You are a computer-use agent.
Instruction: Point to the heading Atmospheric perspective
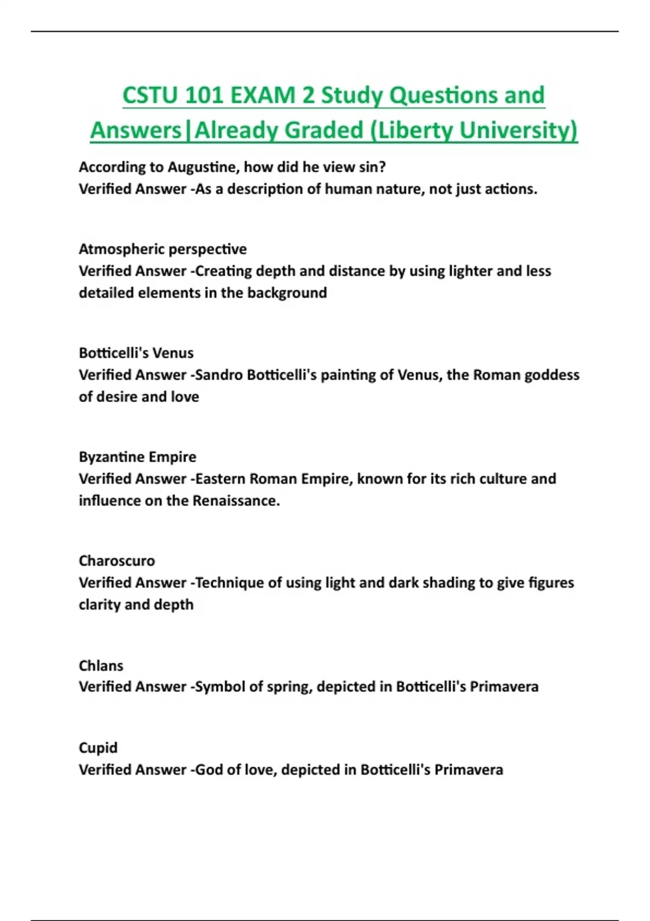pyautogui.click(x=162, y=249)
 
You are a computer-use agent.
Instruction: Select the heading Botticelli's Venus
pyautogui.click(x=136, y=353)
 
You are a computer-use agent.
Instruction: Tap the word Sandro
pyautogui.click(x=219, y=375)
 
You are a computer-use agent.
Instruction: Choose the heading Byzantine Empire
pyautogui.click(x=138, y=457)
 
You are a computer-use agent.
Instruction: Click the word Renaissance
pyautogui.click(x=236, y=501)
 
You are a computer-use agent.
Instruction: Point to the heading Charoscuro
pyautogui.click(x=116, y=561)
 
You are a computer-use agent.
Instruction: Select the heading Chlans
pyautogui.click(x=101, y=665)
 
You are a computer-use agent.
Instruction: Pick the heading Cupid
pyautogui.click(x=98, y=748)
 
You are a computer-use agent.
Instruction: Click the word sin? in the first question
pyautogui.click(x=372, y=167)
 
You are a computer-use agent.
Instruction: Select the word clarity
pyautogui.click(x=100, y=605)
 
